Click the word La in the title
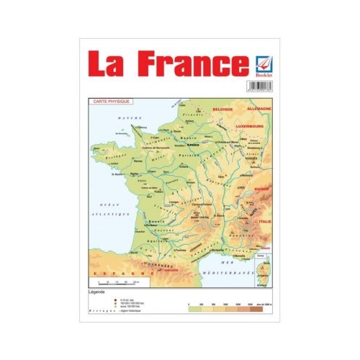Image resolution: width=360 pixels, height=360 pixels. (x=109, y=64)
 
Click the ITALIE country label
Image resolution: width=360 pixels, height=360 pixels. (x=266, y=221)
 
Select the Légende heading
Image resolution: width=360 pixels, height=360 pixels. (x=97, y=293)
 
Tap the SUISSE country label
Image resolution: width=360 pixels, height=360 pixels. (x=261, y=189)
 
